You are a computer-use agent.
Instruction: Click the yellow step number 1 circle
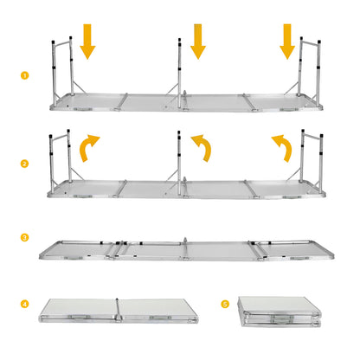pos(25,75)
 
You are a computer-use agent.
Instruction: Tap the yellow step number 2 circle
pos(25,164)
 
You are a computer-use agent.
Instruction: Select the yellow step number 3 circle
pos(25,238)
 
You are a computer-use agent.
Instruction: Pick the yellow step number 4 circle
pos(25,304)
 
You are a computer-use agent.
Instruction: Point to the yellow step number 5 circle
pos(225,304)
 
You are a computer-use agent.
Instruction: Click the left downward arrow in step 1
pos(87,42)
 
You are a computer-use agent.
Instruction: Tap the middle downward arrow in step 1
pos(198,42)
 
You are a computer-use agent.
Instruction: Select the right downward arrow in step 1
pos(287,42)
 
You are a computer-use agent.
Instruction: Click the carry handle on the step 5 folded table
pos(282,318)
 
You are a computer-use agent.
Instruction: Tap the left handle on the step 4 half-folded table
pos(79,318)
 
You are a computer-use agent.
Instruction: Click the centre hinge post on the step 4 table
pos(118,310)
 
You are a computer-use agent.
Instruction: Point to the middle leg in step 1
pos(179,74)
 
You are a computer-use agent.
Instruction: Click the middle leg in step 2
pos(179,164)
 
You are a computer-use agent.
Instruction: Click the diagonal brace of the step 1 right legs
pos(292,87)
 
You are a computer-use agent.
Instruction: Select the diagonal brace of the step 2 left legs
pos(78,175)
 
